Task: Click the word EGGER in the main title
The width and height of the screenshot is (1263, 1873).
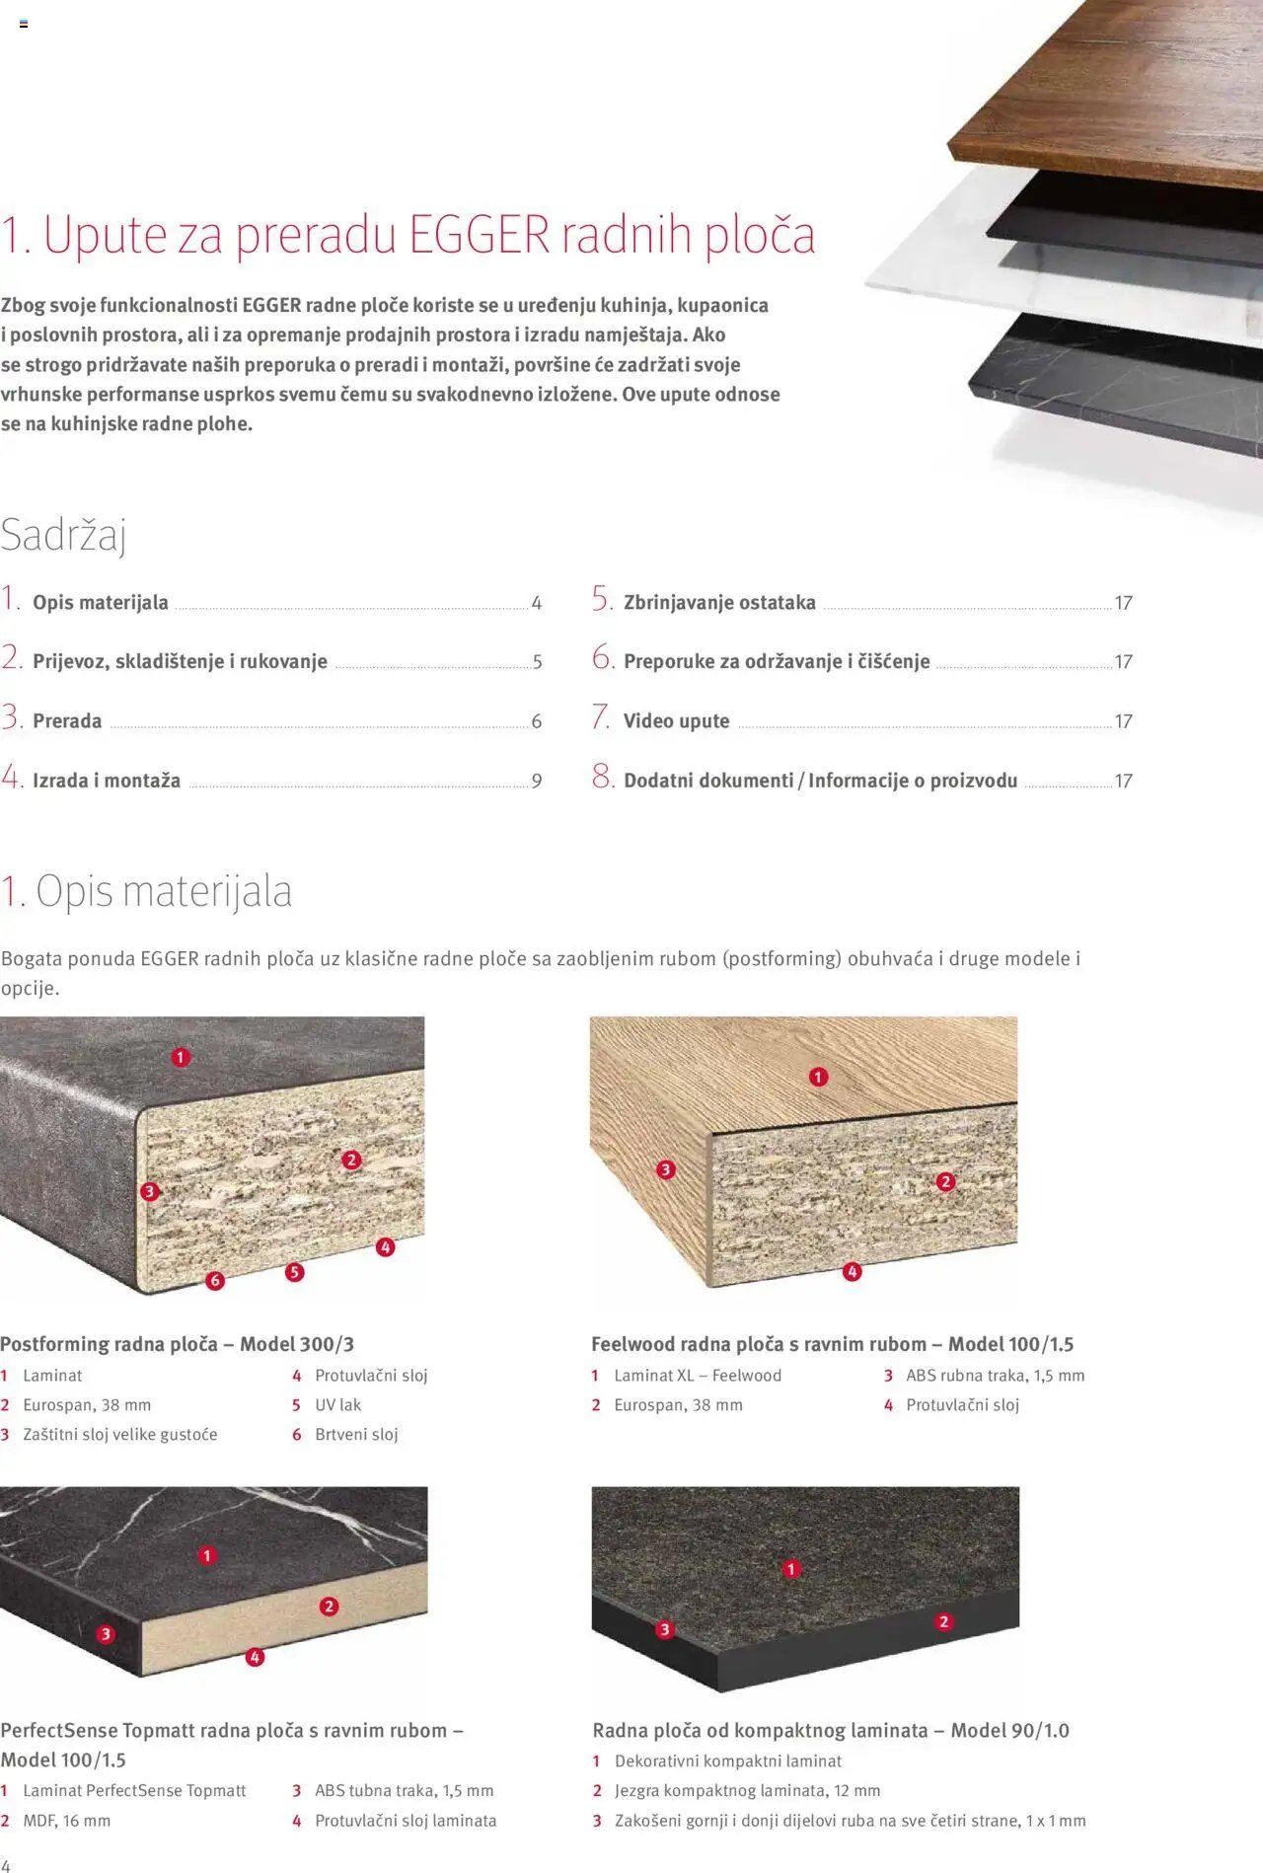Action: [479, 235]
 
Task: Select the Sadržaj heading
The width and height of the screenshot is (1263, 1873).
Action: [64, 535]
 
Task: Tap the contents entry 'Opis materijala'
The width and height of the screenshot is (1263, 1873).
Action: [101, 602]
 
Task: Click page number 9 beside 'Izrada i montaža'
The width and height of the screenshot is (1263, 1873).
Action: [537, 781]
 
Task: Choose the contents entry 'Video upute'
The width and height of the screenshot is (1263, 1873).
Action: [677, 721]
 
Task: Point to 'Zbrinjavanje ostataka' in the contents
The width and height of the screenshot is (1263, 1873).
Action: [719, 602]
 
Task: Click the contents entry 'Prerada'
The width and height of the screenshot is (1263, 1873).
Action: [67, 721]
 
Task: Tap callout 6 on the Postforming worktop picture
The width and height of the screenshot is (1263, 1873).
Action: [215, 1281]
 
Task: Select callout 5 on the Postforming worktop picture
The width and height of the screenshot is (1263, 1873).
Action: [294, 1272]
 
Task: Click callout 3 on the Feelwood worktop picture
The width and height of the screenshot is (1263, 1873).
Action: [666, 1169]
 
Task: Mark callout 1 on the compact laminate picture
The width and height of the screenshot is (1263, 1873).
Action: [791, 1569]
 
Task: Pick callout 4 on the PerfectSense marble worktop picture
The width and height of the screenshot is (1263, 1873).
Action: [255, 1657]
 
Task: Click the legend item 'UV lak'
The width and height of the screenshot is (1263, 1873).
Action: [338, 1404]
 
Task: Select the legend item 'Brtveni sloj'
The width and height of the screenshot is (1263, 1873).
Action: [356, 1434]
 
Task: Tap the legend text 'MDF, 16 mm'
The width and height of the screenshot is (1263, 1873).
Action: [67, 1820]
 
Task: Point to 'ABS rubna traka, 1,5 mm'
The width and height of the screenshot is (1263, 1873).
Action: [996, 1375]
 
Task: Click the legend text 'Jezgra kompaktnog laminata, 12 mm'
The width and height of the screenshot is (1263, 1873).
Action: [748, 1790]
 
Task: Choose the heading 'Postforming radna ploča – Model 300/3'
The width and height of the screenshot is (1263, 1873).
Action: [178, 1344]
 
